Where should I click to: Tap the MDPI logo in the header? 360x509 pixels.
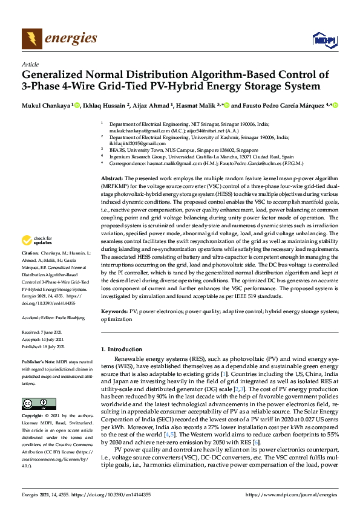pos(323,40)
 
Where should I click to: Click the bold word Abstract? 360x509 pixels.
pos(111,179)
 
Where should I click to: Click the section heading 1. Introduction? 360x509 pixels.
pos(125,349)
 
